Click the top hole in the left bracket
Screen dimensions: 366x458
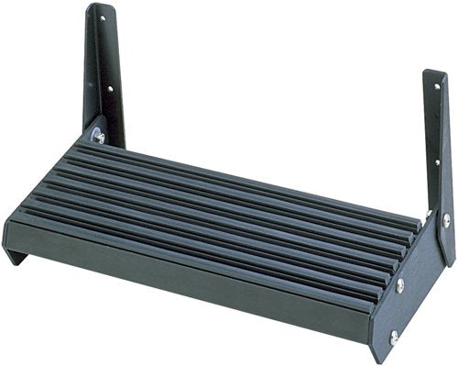[102, 17]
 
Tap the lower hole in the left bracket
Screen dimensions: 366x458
[109, 89]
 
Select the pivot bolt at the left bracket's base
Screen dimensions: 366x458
[98, 137]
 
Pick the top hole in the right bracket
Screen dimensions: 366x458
[435, 87]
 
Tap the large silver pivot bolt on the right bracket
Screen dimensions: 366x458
[446, 220]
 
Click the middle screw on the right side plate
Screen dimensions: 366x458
[400, 284]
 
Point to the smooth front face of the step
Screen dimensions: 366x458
[183, 275]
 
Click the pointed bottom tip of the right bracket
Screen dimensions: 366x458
[446, 262]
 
